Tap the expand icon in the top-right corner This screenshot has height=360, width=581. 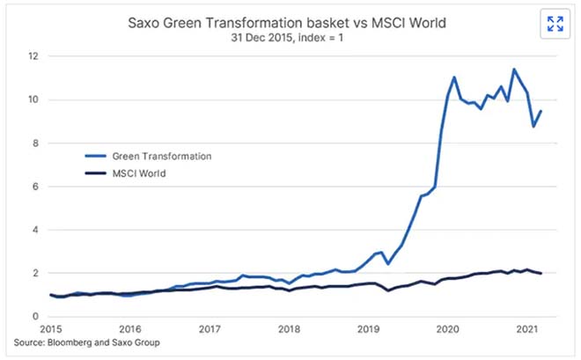pos(555,24)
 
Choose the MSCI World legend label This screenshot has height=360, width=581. pos(142,173)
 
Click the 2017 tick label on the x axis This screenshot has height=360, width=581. pos(209,328)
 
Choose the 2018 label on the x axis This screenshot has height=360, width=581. pos(290,328)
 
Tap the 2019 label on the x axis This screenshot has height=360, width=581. pos(369,328)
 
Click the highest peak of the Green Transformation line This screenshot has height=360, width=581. pos(514,70)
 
